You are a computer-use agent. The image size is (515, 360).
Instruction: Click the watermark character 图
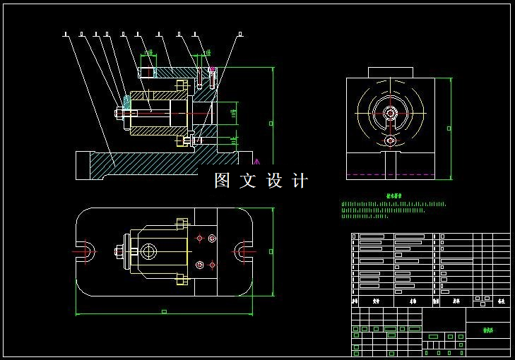click(223, 181)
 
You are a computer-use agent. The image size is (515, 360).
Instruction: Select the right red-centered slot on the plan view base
click(244, 250)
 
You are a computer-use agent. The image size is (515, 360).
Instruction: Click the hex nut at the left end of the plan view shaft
click(119, 251)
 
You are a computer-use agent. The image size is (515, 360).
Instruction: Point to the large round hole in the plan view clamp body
click(148, 251)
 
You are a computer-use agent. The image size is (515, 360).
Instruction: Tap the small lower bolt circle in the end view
click(390, 140)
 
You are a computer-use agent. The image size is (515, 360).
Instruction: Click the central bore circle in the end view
click(390, 112)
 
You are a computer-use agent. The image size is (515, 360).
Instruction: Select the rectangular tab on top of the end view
click(390, 72)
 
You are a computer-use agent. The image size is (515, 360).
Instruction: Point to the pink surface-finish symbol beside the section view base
click(256, 162)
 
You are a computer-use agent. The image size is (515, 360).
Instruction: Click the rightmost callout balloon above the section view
click(240, 33)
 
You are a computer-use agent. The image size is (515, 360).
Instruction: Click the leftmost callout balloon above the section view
click(65, 33)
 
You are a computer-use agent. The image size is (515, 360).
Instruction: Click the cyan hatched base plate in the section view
click(141, 164)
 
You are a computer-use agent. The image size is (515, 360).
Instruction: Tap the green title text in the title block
click(488, 329)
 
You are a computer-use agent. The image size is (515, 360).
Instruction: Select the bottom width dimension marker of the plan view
click(164, 311)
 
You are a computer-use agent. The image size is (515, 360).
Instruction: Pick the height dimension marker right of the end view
click(448, 128)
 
